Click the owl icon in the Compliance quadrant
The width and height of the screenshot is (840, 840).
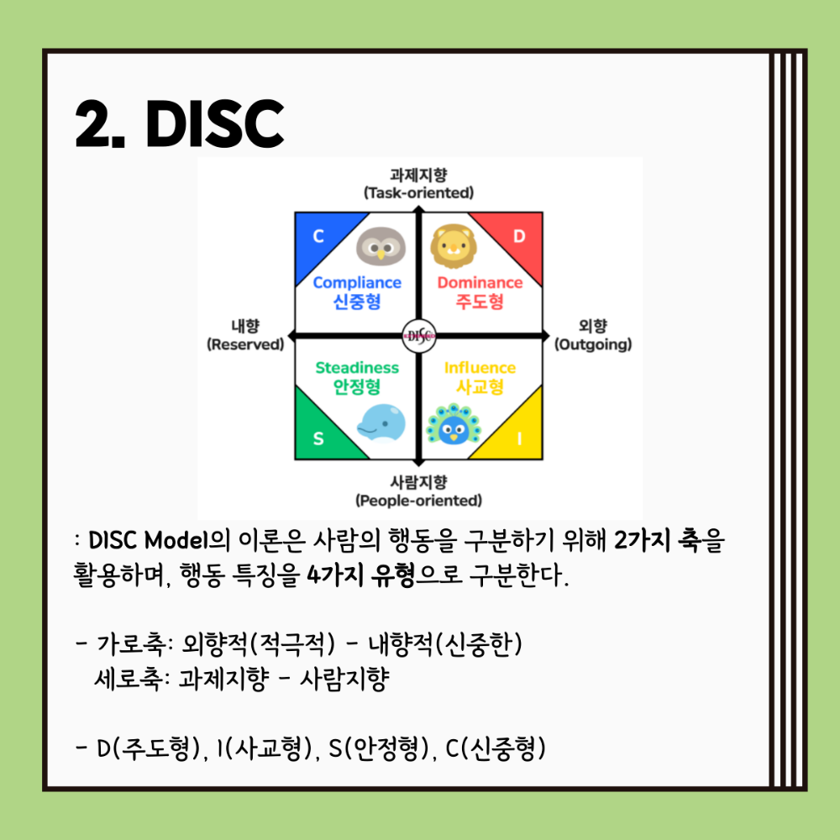pos(381,246)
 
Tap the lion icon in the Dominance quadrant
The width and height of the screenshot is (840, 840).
pos(454,246)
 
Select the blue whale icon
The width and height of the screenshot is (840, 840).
pos(381,423)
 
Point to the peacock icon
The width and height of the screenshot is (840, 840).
pos(454,423)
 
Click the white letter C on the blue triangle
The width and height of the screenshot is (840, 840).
pos(318,236)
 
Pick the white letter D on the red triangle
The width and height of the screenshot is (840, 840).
pos(519,236)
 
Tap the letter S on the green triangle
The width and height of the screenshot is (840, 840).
pos(318,438)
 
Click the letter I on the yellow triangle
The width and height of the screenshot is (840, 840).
pos(519,438)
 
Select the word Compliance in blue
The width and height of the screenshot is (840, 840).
pos(357,282)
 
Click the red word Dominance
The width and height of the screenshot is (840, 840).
pos(480,282)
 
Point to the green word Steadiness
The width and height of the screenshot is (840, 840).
pos(357,368)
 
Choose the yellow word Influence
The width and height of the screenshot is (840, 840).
pos(480,368)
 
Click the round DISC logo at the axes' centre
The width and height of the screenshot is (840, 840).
pos(419,337)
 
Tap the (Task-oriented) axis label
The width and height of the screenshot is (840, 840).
pos(419,193)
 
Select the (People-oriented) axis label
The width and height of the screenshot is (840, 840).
pos(419,501)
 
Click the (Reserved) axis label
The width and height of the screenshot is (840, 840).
pos(245,344)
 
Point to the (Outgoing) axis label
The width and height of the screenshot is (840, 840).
pos(593,344)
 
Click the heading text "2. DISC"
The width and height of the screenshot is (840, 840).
pos(180,123)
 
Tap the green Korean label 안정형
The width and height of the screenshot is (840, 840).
pos(357,386)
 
